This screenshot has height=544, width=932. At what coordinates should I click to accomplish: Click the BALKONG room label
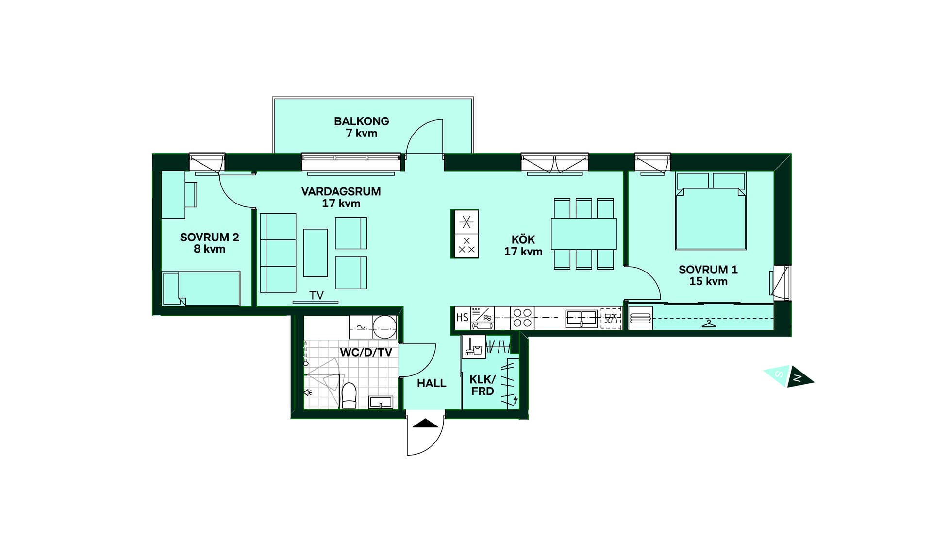tap(362, 121)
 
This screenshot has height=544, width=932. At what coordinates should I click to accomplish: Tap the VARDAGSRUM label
tap(341, 191)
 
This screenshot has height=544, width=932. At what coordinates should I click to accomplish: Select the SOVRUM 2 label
tap(209, 238)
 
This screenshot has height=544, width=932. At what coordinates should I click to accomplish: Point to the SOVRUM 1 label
tap(708, 270)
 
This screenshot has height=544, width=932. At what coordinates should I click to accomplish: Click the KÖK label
tap(523, 239)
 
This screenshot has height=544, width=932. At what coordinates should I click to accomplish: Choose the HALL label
tap(432, 383)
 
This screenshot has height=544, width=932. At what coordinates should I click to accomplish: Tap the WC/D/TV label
tap(366, 353)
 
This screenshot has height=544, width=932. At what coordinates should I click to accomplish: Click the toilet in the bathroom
tap(349, 395)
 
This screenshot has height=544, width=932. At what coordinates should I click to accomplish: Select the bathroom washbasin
tap(381, 403)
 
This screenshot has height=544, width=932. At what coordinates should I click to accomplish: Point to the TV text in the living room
tap(316, 295)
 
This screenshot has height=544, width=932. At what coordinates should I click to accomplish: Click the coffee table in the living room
tap(316, 253)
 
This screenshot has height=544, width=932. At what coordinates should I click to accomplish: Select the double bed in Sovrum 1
tap(711, 211)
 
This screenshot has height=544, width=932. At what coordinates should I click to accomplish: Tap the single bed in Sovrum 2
tap(201, 289)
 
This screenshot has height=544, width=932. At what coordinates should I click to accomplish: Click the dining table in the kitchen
tap(583, 234)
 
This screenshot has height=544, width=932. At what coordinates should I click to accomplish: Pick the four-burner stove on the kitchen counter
tap(522, 318)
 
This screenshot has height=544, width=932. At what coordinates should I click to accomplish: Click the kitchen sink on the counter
tap(582, 319)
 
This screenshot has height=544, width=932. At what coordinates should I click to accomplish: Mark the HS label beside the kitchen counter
tap(463, 318)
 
